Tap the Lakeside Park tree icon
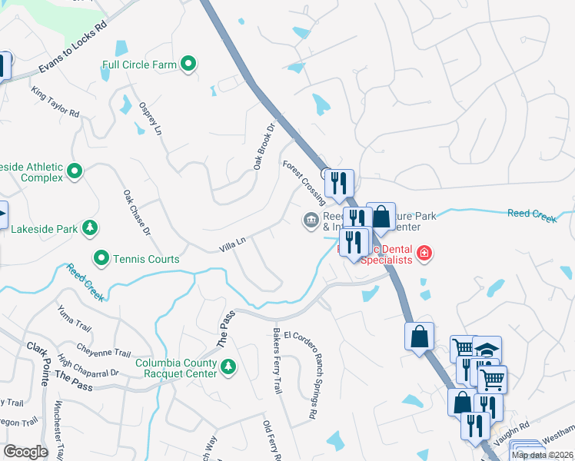(x=91, y=228)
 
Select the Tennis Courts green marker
(x=101, y=258)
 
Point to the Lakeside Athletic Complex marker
(x=75, y=171)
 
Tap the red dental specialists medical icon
(x=423, y=253)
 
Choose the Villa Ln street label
(x=231, y=244)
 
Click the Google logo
(x=25, y=452)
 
